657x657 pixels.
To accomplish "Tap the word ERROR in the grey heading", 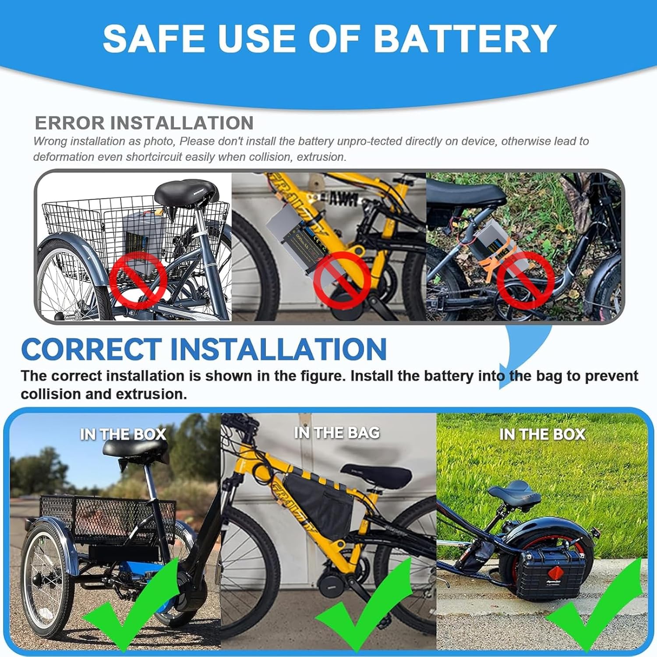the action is (69, 123).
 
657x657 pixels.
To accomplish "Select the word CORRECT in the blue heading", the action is (91, 349).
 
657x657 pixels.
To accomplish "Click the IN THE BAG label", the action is (337, 433).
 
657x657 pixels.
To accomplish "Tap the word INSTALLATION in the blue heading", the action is (278, 349).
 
